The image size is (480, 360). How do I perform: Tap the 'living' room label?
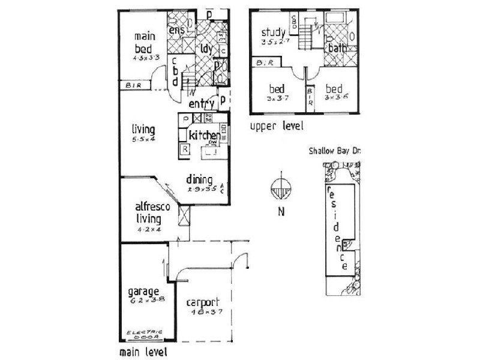point(144,130)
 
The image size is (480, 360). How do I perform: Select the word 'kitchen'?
point(204,136)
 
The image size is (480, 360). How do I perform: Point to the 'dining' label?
point(199,179)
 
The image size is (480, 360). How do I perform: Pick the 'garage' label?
point(143,292)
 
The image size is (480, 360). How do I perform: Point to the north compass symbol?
point(280,190)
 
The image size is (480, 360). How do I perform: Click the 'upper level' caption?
point(277,127)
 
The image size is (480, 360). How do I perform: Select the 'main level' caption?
point(143,352)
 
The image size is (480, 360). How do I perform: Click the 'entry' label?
point(202,104)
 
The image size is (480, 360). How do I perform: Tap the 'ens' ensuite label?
point(176,29)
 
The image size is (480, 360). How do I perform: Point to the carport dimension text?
point(201,312)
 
